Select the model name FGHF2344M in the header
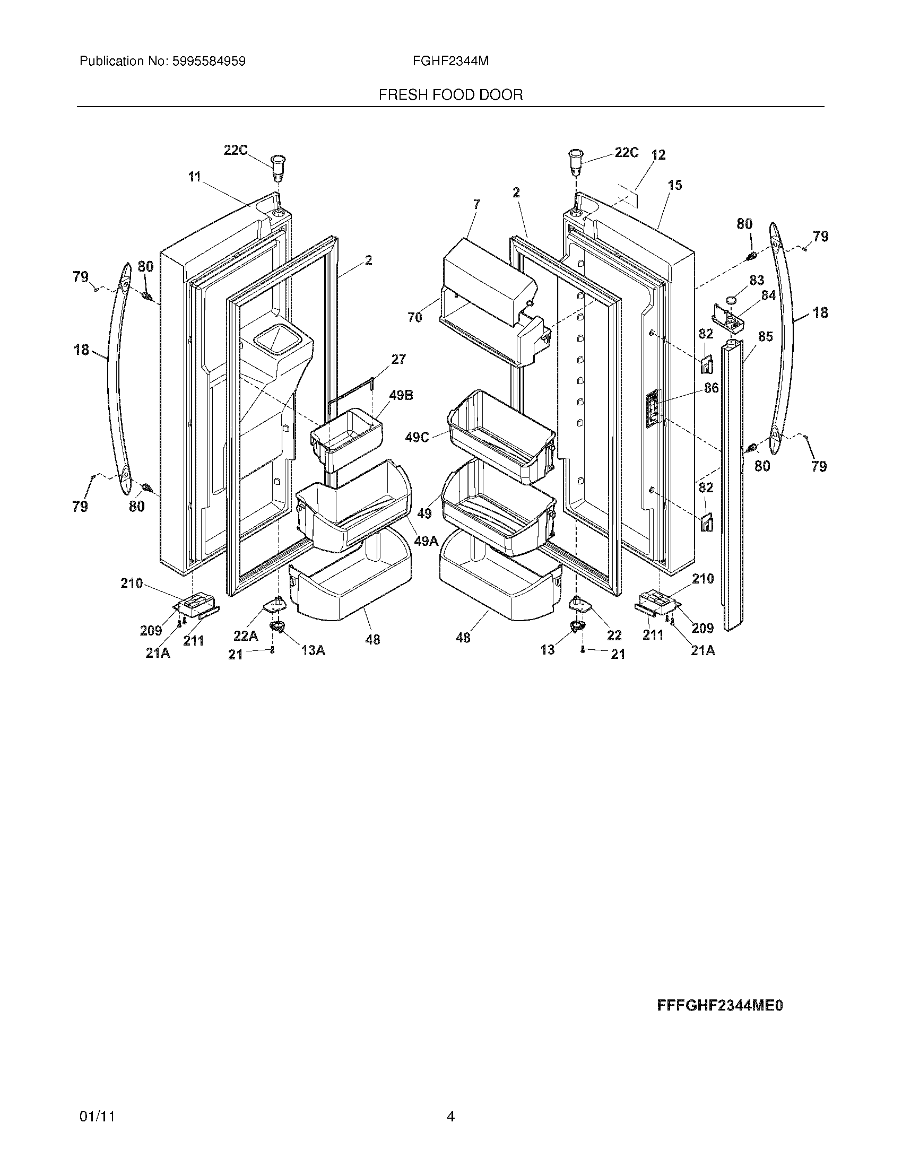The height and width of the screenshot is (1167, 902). (x=450, y=62)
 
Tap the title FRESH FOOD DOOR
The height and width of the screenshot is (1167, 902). (x=450, y=95)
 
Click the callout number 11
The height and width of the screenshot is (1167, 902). (x=194, y=176)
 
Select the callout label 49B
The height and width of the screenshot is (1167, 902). (x=401, y=395)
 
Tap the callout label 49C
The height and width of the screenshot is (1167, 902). (x=418, y=437)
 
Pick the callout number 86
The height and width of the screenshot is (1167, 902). (x=711, y=388)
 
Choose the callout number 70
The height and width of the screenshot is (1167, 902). (x=415, y=317)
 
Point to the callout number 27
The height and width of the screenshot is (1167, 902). (x=398, y=359)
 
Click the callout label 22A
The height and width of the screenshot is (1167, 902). (x=246, y=635)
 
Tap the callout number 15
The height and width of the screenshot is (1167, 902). (x=675, y=185)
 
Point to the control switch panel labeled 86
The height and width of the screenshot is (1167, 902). (x=653, y=409)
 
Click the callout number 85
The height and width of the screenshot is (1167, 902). (x=766, y=337)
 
